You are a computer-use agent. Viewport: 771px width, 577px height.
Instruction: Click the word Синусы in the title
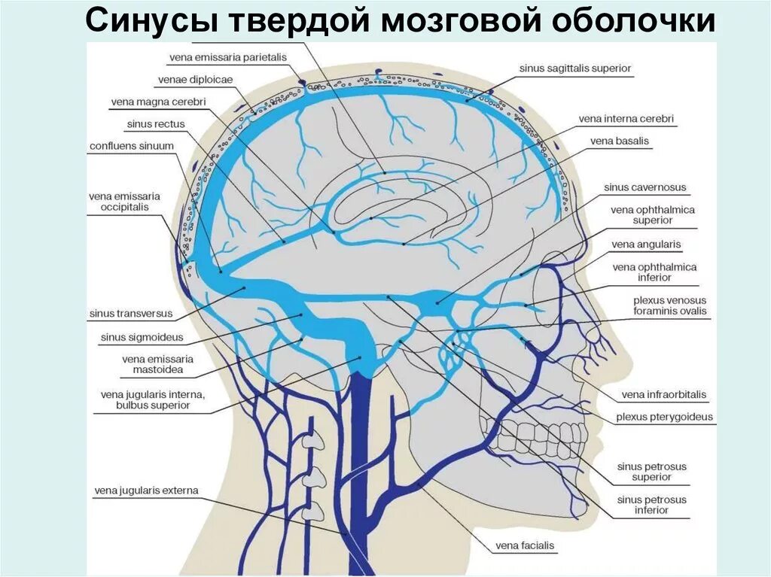point(151,23)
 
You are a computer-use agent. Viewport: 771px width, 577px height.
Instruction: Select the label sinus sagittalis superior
point(574,68)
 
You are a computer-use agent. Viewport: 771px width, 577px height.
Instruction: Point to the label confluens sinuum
point(132,146)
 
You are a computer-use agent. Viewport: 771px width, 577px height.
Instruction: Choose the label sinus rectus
point(156,124)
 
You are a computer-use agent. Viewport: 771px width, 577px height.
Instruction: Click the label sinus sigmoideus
point(142,338)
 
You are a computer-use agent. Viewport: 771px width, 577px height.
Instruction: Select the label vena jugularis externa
point(146,491)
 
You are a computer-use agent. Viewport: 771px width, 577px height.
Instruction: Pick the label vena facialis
point(525,545)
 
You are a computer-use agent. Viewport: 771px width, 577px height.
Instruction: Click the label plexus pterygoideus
point(664,417)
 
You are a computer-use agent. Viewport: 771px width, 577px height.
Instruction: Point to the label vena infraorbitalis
point(664,395)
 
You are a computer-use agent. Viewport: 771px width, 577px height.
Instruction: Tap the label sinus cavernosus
point(645,187)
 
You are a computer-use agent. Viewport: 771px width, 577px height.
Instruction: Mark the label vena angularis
point(646,244)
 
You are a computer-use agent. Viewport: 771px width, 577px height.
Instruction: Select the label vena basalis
point(620,141)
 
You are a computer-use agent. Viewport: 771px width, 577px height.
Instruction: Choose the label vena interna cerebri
point(626,119)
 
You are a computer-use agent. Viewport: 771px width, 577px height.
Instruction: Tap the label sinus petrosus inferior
point(652,505)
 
